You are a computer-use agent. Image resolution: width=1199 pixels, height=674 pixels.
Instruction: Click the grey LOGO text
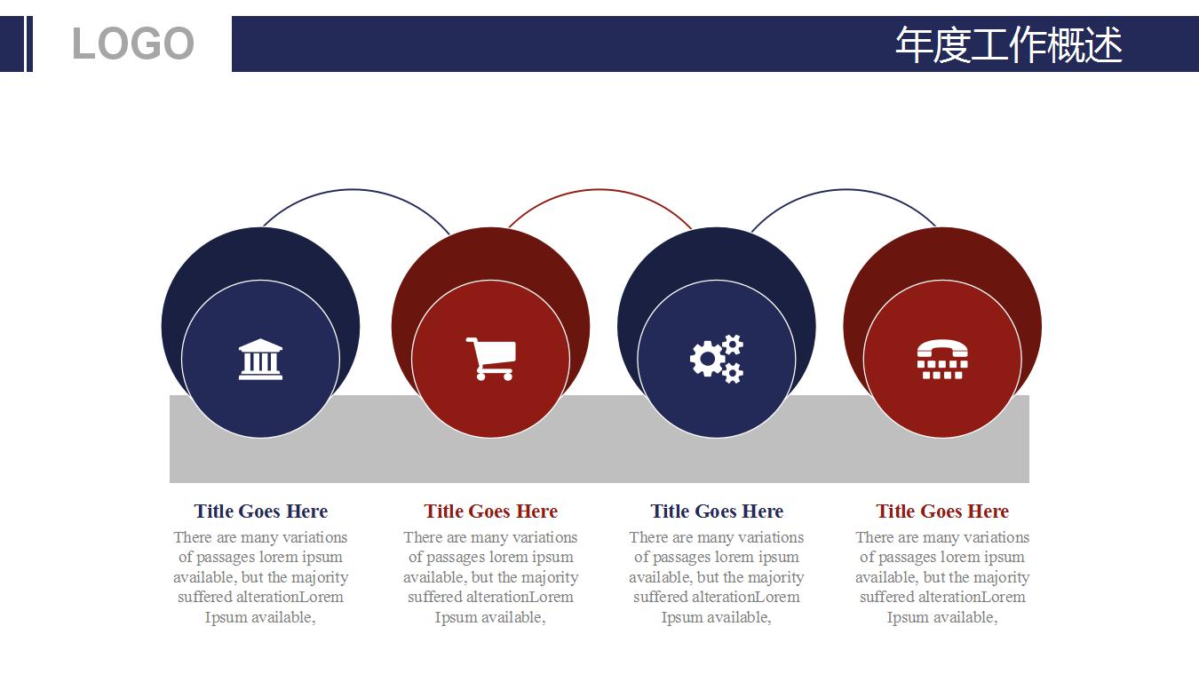(132, 44)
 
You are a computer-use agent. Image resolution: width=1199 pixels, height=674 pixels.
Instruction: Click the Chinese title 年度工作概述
(1008, 44)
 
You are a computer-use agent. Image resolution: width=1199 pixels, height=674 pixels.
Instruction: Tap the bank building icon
(260, 360)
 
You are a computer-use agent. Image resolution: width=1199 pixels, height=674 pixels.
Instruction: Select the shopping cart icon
(491, 359)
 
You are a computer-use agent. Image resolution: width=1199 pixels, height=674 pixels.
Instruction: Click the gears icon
(716, 359)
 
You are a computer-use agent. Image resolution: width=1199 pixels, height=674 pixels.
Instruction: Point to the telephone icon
(942, 360)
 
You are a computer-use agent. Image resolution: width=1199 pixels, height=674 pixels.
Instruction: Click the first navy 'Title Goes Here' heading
(261, 511)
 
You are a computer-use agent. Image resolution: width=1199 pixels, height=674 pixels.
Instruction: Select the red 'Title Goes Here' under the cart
(491, 511)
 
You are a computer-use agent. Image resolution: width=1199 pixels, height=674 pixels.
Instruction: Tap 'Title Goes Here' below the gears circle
(717, 511)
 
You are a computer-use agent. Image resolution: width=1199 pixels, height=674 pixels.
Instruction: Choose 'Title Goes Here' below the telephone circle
(942, 511)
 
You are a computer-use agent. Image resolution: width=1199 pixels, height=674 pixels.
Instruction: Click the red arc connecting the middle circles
(599, 189)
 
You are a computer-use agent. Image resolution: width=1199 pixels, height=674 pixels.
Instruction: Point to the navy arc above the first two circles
(353, 189)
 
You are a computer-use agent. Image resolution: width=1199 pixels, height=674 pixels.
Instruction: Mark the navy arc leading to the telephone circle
(845, 189)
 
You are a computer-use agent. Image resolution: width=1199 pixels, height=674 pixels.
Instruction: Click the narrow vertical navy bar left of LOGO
(29, 44)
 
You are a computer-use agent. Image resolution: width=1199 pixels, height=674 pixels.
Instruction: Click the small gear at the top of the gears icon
(732, 345)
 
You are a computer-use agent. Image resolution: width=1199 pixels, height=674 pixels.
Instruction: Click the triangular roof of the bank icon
(260, 345)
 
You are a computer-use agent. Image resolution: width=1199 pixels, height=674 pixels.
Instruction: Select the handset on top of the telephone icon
(942, 348)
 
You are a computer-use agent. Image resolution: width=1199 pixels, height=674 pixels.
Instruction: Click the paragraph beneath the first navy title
(261, 577)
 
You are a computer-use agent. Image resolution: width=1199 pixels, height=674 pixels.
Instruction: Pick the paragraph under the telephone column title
(942, 577)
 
